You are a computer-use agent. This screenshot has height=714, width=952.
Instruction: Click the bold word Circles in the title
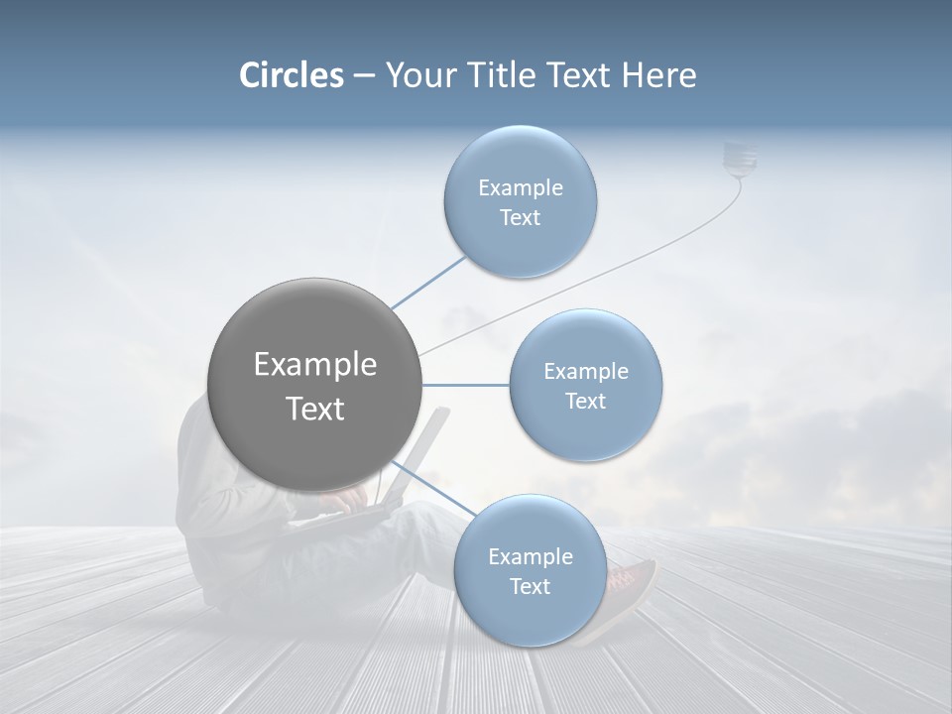tap(292, 75)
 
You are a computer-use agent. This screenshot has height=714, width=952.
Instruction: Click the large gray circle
tap(315, 385)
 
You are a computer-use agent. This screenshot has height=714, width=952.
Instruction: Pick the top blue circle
tap(520, 201)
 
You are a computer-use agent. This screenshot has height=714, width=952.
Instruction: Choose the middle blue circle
tap(585, 385)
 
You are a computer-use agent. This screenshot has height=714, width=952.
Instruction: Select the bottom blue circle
tap(530, 570)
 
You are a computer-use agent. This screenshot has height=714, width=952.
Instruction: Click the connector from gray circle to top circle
tap(428, 283)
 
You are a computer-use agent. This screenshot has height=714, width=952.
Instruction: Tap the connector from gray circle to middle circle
tap(465, 385)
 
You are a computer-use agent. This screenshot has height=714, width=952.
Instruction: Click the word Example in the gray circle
tap(315, 365)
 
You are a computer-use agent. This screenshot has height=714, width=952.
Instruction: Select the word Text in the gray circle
tap(315, 409)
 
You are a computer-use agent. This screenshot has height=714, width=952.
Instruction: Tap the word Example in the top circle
tap(520, 187)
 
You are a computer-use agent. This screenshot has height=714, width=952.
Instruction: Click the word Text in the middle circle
tap(585, 401)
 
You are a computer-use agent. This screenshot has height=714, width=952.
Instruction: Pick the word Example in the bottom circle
tap(530, 556)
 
